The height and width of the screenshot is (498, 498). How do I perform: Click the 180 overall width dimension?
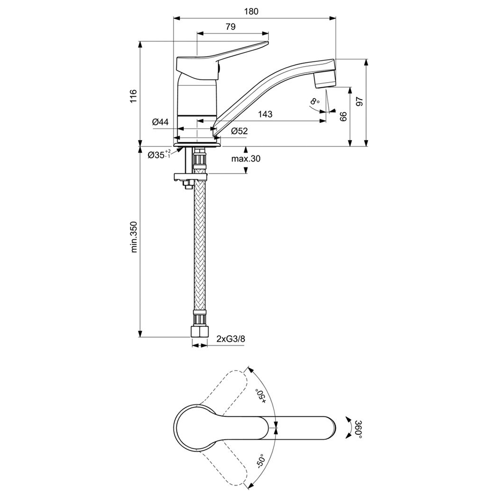coord(251,11)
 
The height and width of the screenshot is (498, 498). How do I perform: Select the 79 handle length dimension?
coord(231,27)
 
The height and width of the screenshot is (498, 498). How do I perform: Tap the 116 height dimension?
coord(133,96)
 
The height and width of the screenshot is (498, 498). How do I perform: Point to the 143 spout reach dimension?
coord(265,114)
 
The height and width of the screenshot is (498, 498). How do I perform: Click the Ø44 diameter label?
coord(160,122)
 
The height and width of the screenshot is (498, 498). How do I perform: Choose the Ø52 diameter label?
coord(239,131)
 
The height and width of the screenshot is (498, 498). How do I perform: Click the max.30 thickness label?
coord(246,158)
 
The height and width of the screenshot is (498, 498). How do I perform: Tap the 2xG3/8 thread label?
coord(231,339)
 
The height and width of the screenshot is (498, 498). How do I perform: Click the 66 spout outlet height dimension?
coord(343,117)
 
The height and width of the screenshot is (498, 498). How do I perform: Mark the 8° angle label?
coord(314,102)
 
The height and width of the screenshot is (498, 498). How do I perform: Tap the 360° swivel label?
coord(358,429)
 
